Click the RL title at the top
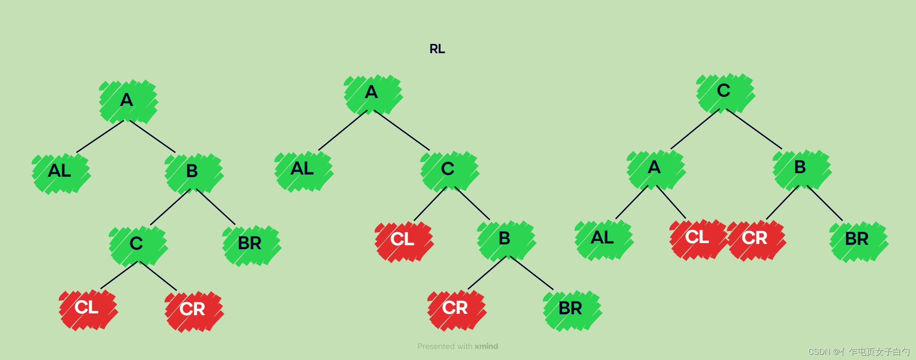pyautogui.click(x=437, y=49)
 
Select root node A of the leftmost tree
pyautogui.click(x=127, y=101)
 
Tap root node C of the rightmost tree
pyautogui.click(x=724, y=91)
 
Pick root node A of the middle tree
pyautogui.click(x=372, y=93)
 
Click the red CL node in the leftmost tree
pyautogui.click(x=87, y=308)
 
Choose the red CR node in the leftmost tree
pyautogui.click(x=193, y=310)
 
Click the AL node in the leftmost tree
pyautogui.click(x=60, y=171)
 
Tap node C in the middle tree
pyautogui.click(x=449, y=170)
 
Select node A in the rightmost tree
pyautogui.click(x=655, y=168)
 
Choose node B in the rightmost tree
pyautogui.click(x=801, y=168)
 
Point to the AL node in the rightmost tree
pyautogui.click(x=603, y=238)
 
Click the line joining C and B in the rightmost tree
pyautogui.click(x=754, y=129)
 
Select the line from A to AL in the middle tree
pyautogui.click(x=343, y=131)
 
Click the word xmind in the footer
pyautogui.click(x=486, y=346)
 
